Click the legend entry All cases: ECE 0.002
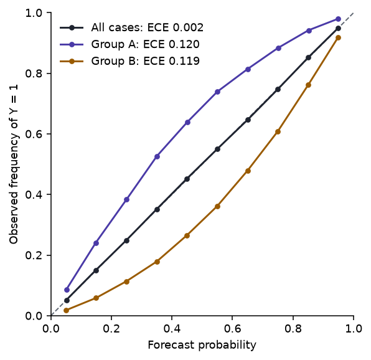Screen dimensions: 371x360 point(147,27)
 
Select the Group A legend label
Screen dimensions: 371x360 point(145,44)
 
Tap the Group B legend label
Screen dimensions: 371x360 point(145,61)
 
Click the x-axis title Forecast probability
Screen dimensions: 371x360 point(202,345)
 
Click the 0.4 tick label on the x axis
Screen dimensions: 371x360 point(172,329)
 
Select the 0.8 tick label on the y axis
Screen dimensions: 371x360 point(34,73)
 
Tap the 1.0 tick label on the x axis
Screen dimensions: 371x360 point(354,329)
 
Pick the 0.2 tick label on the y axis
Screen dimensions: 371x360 point(34,255)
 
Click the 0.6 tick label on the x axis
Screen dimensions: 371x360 point(232,329)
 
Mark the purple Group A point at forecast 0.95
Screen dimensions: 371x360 point(339,19)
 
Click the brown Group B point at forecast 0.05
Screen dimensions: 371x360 point(67,310)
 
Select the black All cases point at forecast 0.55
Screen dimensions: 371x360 point(217,149)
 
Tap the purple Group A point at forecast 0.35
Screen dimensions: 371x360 point(157,156)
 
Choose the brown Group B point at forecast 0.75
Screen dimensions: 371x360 point(278,131)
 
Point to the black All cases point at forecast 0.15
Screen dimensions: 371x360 point(96,270)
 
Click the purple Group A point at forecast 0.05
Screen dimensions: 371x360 point(67,290)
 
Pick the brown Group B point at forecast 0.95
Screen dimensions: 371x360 point(339,37)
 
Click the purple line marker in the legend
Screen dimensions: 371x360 point(72,44)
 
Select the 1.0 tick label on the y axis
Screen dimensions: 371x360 point(34,13)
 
